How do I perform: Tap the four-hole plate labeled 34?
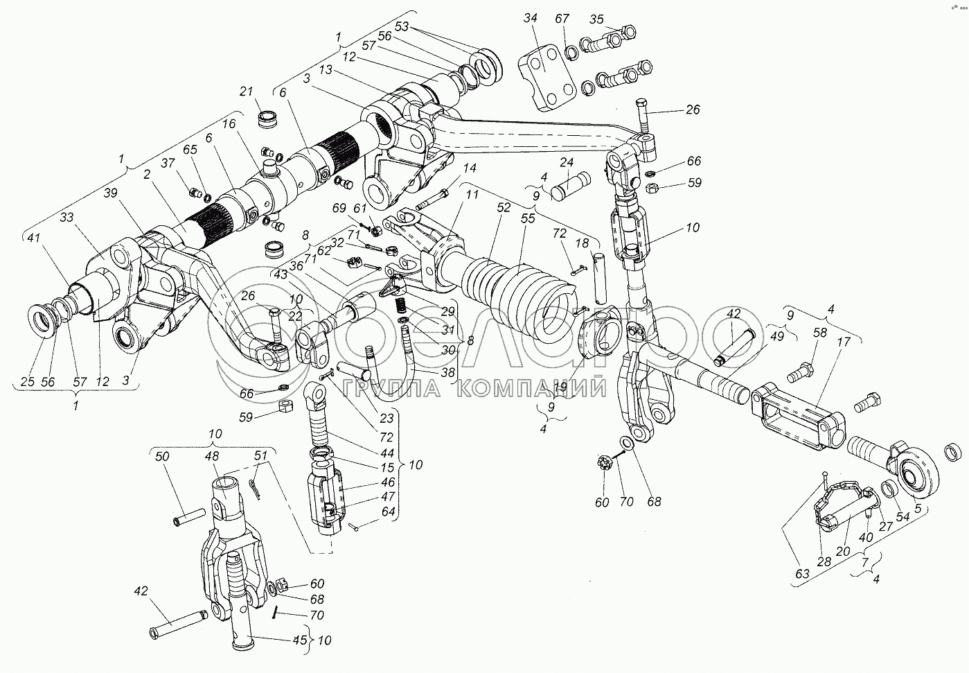[547, 81]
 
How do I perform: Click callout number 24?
[567, 164]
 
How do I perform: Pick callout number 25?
[28, 381]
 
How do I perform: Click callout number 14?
[470, 168]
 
